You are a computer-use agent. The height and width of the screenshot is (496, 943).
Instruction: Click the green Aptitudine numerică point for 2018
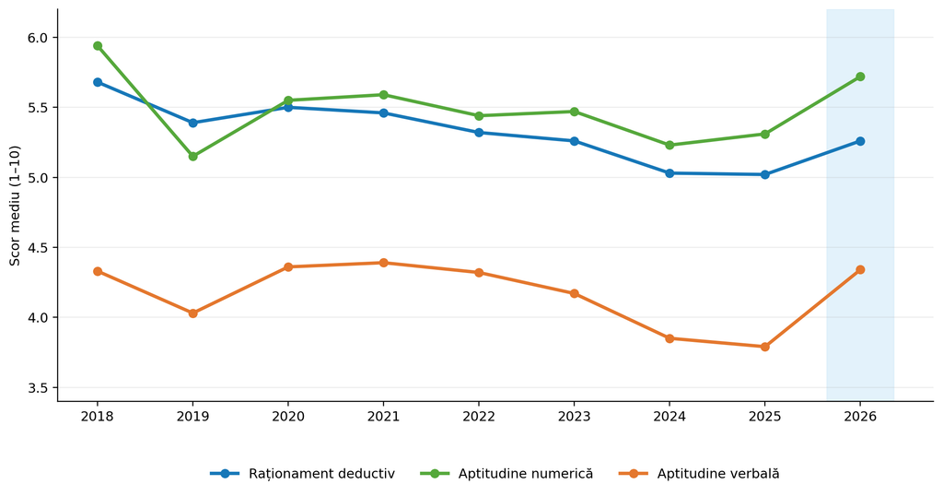tap(98, 46)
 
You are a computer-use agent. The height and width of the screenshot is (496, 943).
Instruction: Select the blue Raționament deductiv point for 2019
tap(193, 123)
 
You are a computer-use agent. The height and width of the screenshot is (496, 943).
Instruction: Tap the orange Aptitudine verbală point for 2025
tap(765, 347)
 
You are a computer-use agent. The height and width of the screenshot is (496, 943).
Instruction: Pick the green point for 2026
tap(860, 77)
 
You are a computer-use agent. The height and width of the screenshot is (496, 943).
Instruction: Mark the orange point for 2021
tap(384, 263)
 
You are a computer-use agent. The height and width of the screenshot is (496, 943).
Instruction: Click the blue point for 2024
tap(669, 172)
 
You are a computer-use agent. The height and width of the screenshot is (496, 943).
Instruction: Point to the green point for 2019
tap(193, 156)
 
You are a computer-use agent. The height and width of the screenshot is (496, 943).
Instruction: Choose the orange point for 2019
tap(193, 313)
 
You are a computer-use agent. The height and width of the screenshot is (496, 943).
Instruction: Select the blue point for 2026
tap(860, 141)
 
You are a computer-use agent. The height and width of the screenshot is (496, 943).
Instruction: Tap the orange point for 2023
tap(575, 293)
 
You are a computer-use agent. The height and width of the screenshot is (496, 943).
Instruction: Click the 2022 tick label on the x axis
tap(479, 417)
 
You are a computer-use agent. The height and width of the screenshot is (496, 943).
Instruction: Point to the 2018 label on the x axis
tap(98, 417)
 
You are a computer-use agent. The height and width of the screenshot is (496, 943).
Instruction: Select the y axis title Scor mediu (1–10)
tap(15, 206)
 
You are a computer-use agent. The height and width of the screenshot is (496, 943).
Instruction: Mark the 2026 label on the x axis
tap(860, 417)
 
